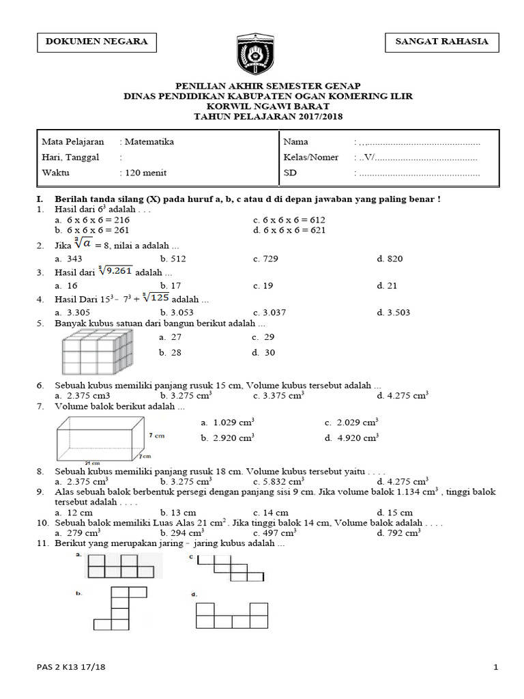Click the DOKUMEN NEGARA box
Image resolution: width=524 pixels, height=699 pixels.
click(96, 42)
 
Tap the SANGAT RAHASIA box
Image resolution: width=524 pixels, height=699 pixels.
click(441, 42)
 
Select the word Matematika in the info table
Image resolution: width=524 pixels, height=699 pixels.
click(149, 142)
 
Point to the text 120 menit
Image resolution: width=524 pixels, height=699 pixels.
click(145, 173)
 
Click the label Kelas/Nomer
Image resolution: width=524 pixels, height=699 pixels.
click(311, 158)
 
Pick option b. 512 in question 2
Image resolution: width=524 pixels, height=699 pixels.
click(173, 259)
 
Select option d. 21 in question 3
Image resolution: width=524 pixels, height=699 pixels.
click(387, 286)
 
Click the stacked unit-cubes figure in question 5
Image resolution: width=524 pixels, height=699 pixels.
click(98, 350)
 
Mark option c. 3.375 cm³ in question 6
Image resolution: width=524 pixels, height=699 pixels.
click(278, 395)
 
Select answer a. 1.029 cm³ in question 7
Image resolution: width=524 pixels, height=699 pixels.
click(228, 423)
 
